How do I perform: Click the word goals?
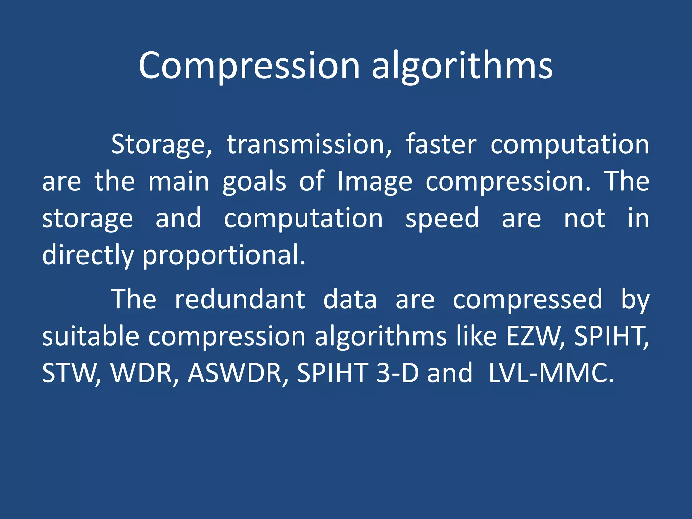[x=254, y=182]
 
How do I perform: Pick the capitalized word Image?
[x=375, y=182]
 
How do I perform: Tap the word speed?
[x=442, y=219]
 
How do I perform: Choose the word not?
[x=584, y=218]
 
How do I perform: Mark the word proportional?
[x=224, y=256]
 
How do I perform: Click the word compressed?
[x=527, y=300]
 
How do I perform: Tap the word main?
[x=179, y=182]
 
